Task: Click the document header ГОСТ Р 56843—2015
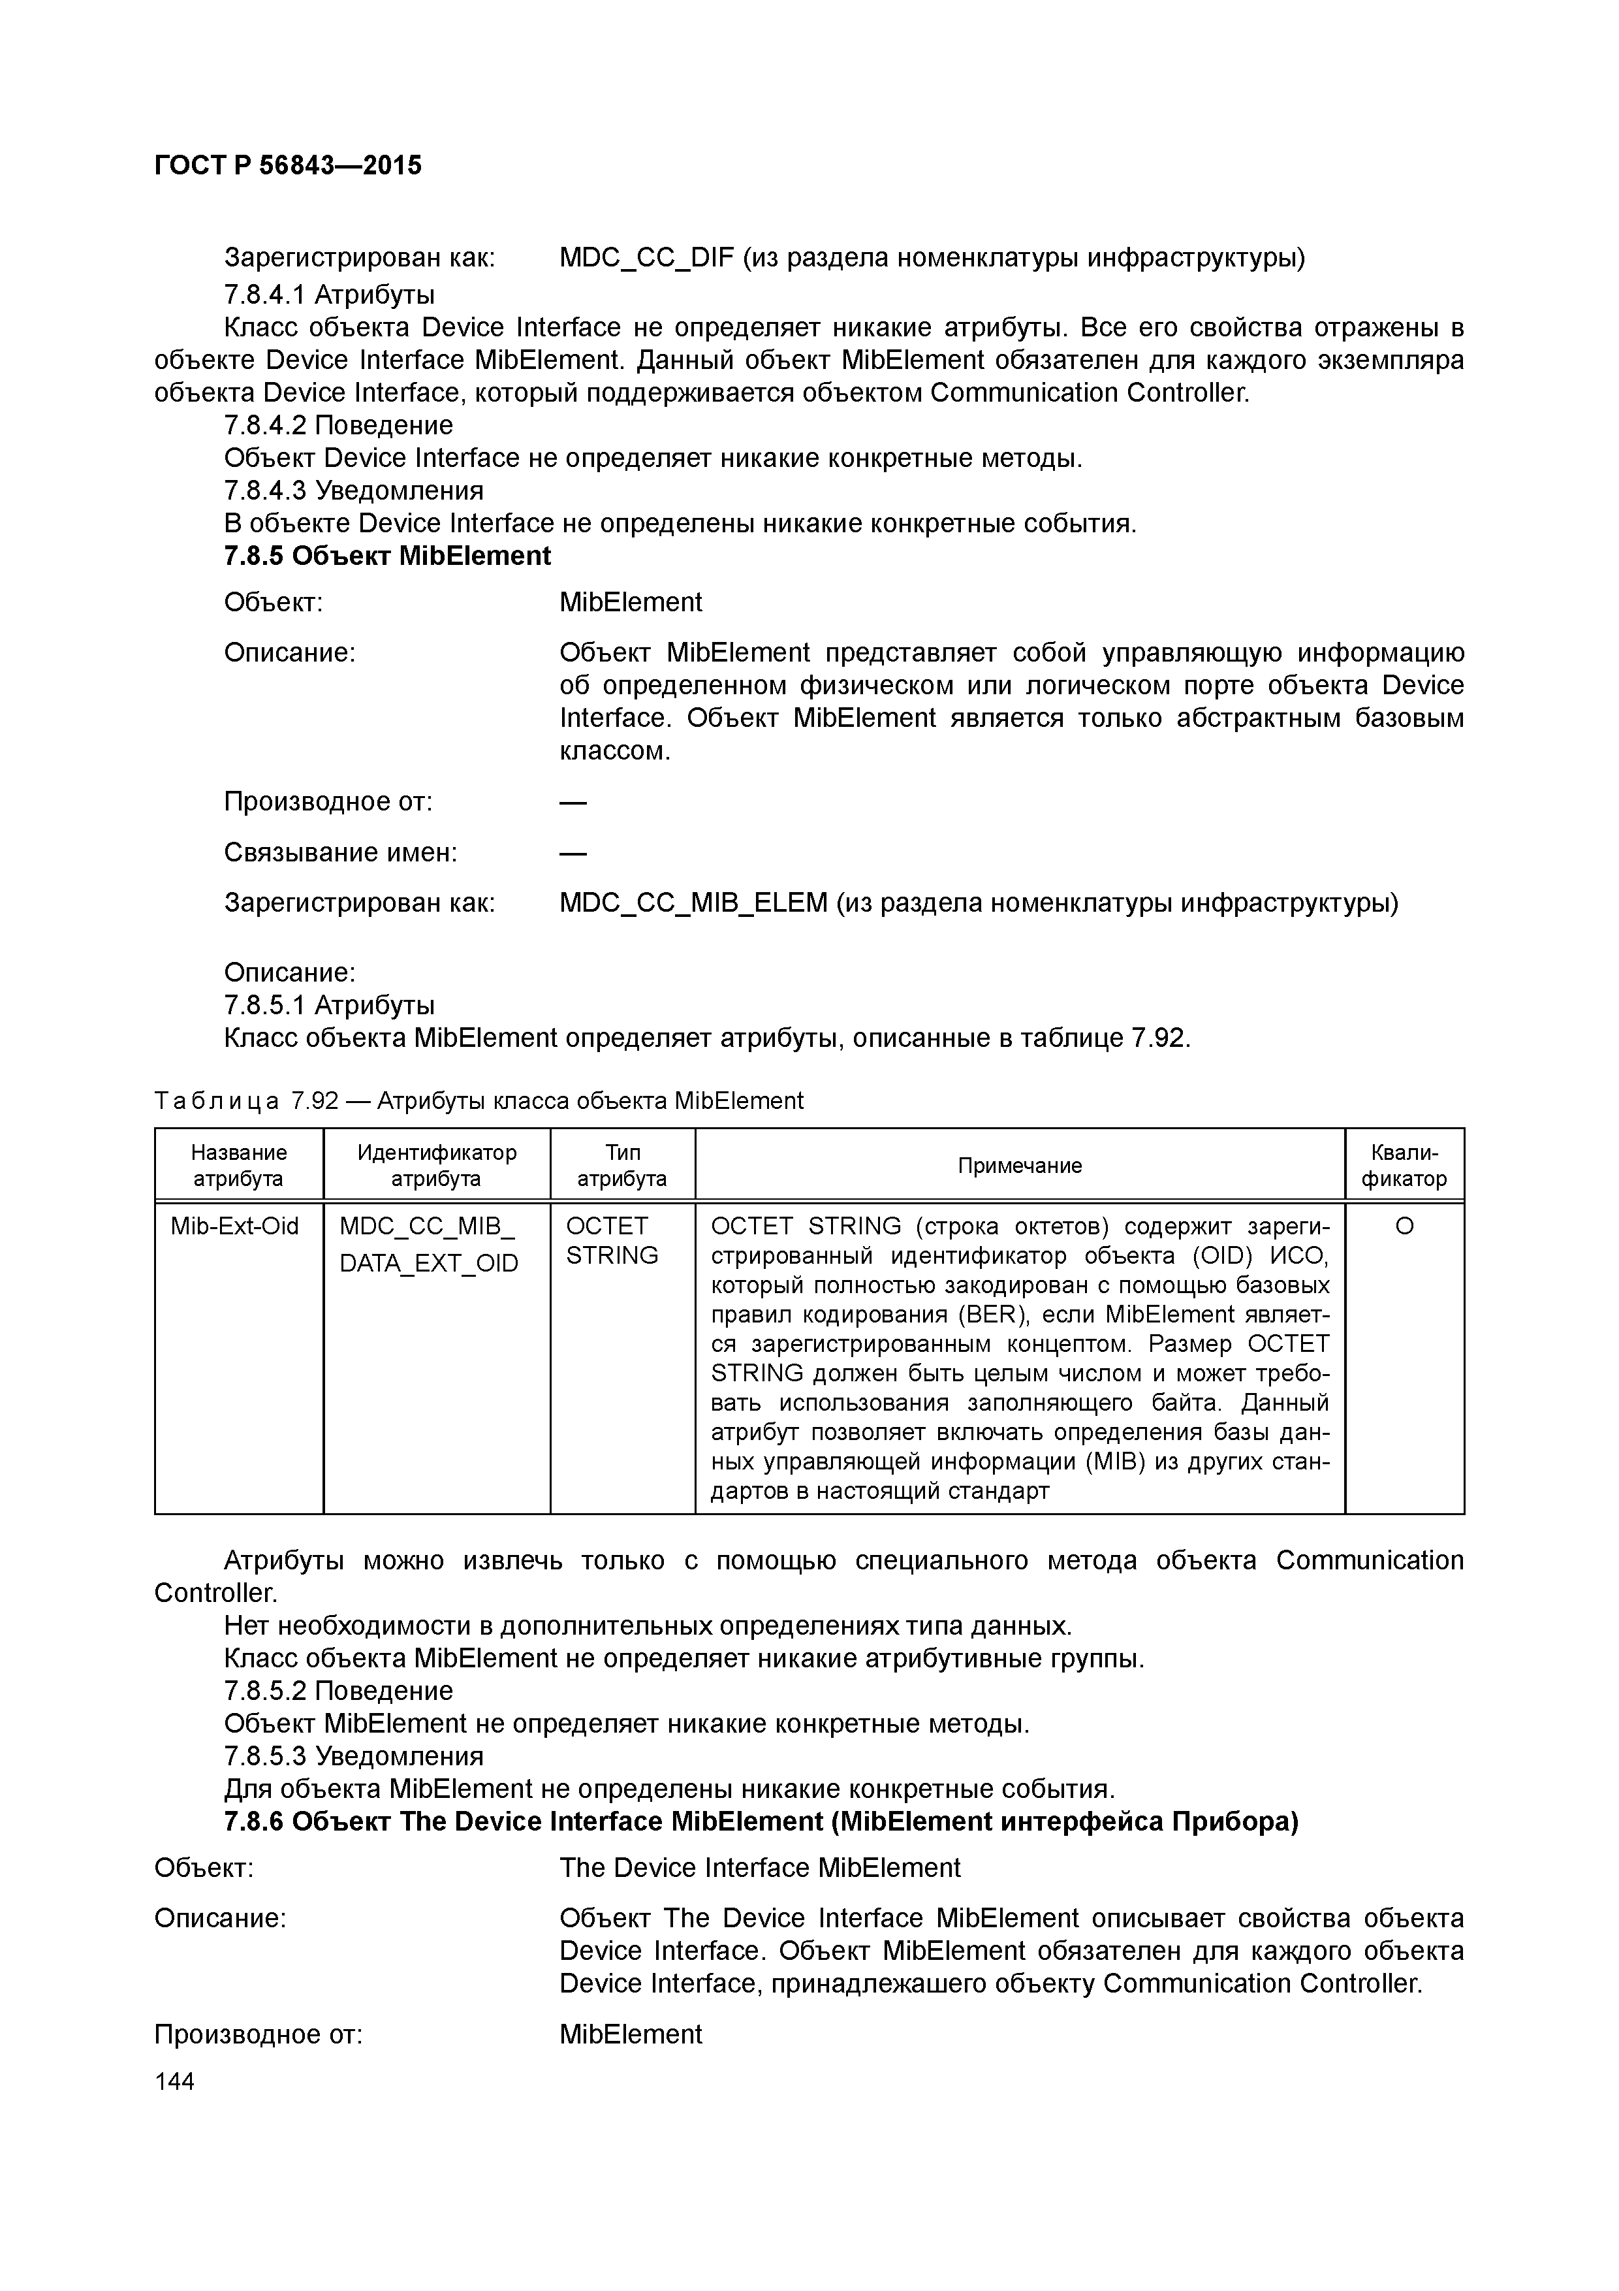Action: tap(287, 165)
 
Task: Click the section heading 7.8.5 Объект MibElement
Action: tap(387, 556)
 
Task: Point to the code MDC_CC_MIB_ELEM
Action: tap(693, 903)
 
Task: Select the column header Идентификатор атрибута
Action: tap(436, 1166)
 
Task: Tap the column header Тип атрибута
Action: tap(622, 1166)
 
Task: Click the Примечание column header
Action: tap(1020, 1166)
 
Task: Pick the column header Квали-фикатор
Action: tap(1404, 1166)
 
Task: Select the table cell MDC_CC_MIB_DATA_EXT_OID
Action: tap(429, 1244)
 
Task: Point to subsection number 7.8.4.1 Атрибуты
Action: tap(329, 295)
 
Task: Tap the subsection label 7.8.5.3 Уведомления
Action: tap(353, 1756)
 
